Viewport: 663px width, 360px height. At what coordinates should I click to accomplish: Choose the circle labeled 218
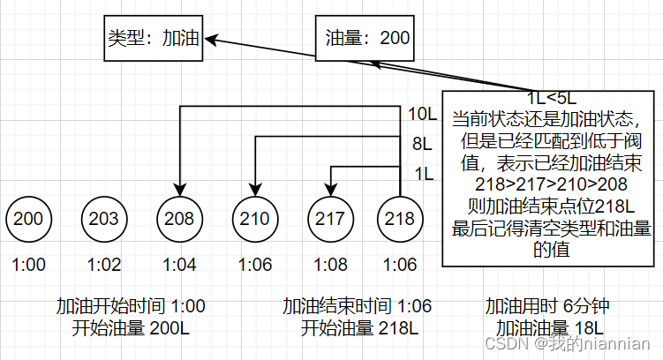(x=402, y=219)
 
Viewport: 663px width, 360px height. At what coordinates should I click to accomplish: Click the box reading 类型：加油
(x=152, y=39)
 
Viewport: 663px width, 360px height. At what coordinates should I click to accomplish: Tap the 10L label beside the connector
(x=422, y=114)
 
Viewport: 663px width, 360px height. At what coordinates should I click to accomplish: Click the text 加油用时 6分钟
(x=548, y=306)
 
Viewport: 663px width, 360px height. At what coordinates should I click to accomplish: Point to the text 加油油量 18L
(x=548, y=327)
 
